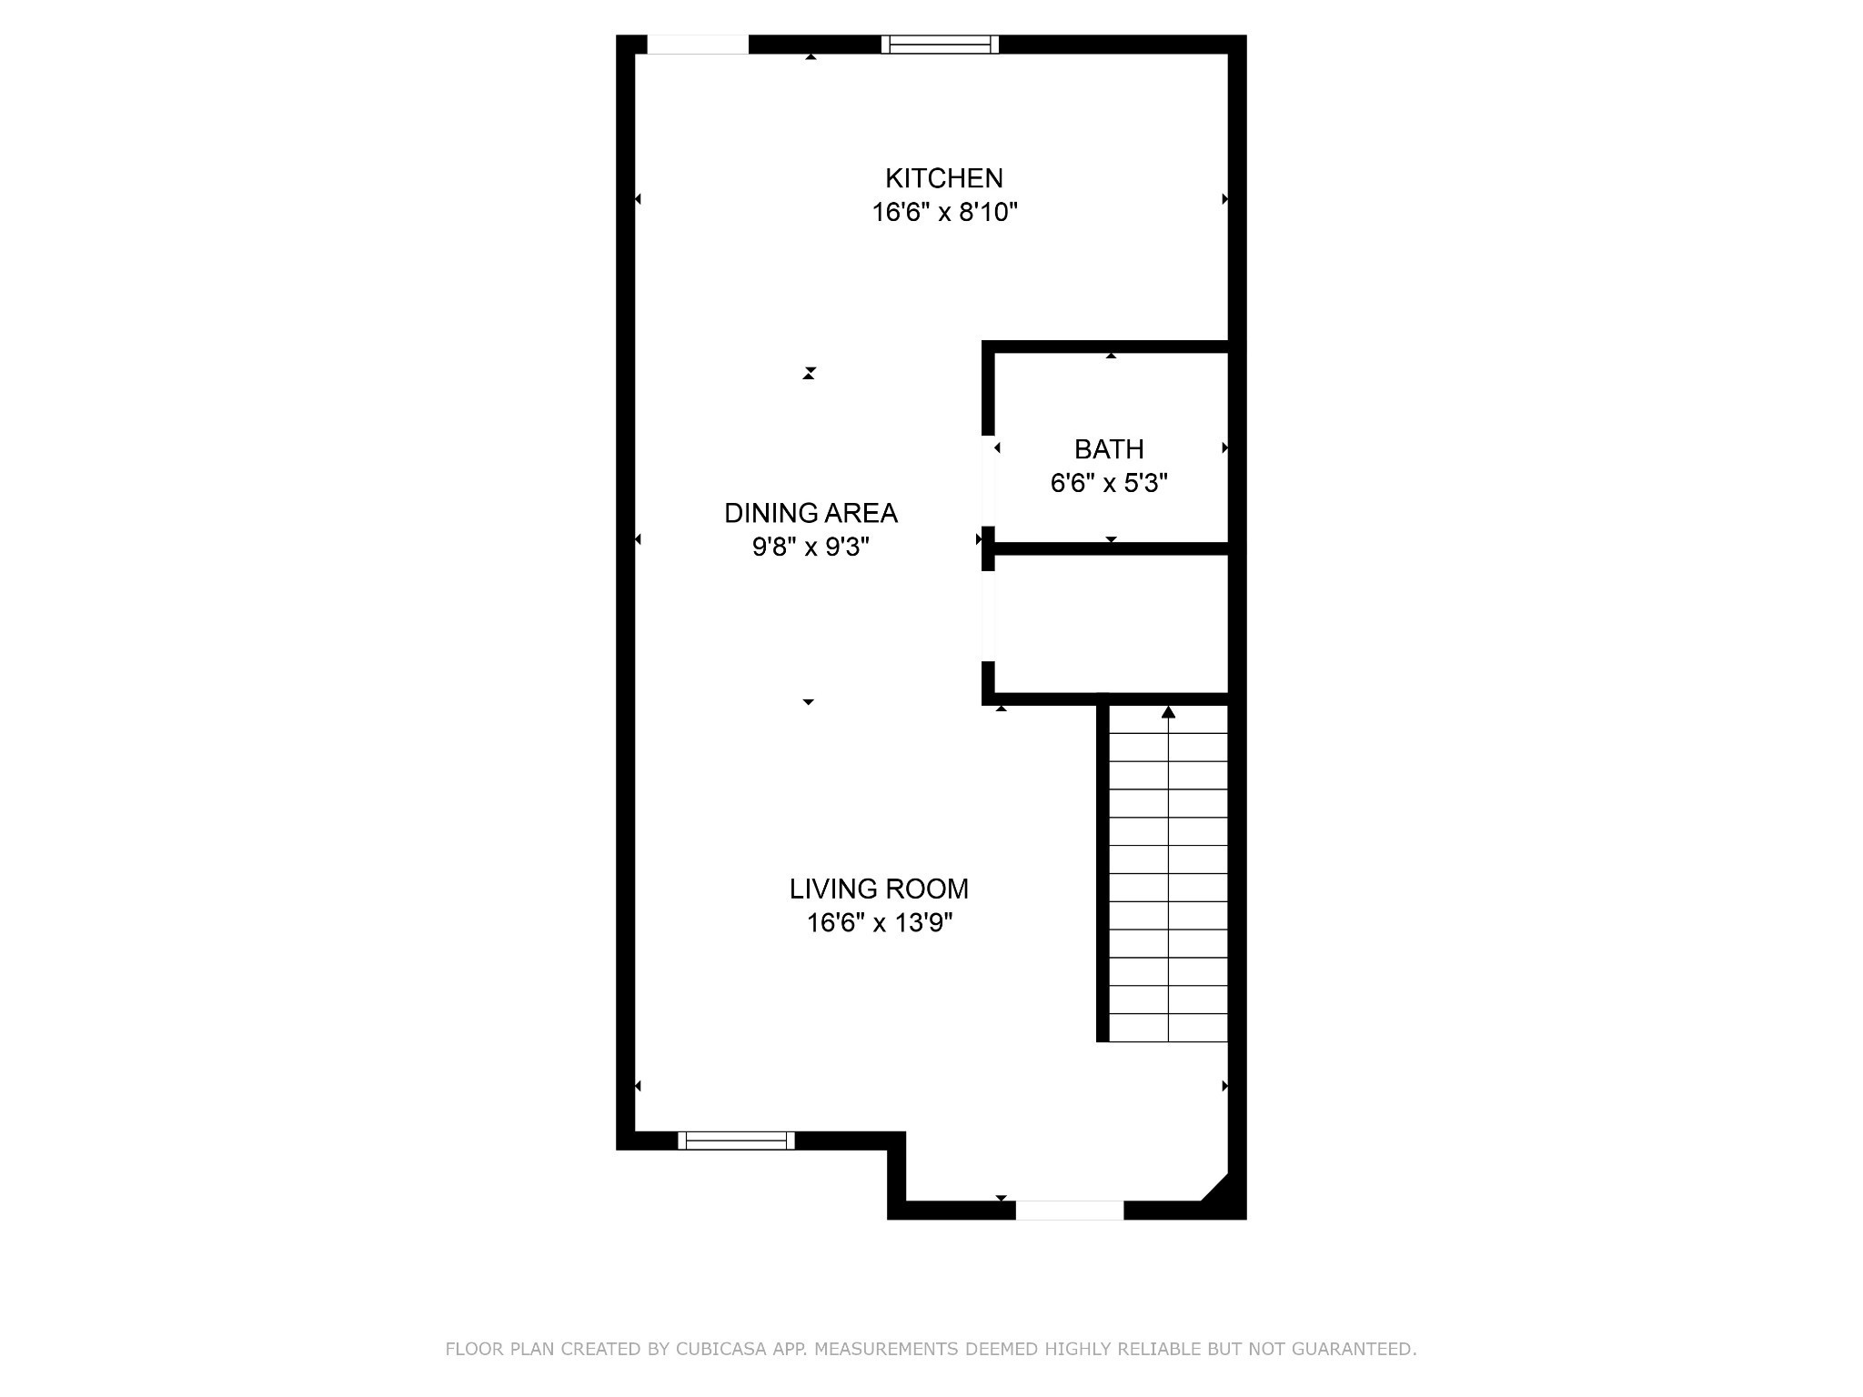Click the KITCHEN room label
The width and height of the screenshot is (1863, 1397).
click(943, 177)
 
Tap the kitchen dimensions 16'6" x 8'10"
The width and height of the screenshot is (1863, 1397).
click(944, 213)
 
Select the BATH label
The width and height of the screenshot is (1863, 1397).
click(1109, 449)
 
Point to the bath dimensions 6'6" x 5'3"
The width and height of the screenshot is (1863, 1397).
click(1109, 484)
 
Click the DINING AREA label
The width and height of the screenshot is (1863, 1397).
click(811, 514)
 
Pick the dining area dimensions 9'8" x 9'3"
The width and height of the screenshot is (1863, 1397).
click(811, 548)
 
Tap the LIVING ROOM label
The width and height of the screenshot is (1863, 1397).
click(879, 889)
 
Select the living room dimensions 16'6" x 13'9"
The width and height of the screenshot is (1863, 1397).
click(879, 924)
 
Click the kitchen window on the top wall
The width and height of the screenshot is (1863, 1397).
click(940, 45)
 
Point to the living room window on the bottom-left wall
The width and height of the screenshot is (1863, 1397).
click(736, 1141)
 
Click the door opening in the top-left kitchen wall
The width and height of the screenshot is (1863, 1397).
click(698, 45)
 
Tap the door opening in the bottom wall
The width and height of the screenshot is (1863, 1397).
click(1069, 1211)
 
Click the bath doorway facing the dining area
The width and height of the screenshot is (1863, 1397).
click(988, 482)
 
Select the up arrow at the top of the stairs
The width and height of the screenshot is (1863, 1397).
click(1168, 712)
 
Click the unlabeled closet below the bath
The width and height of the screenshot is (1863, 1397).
click(1110, 623)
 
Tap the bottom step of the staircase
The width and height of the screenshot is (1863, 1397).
click(1168, 1028)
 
